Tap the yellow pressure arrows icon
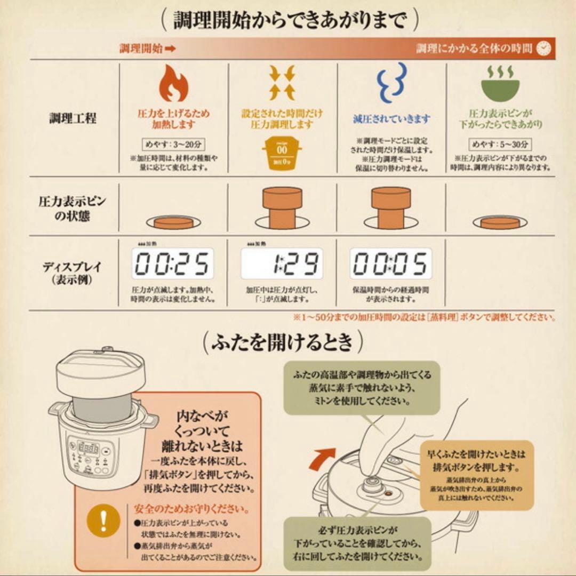(282, 83)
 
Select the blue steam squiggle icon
(391, 83)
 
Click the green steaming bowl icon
(500, 83)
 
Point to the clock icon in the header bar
(543, 49)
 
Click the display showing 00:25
(173, 263)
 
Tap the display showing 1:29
(282, 263)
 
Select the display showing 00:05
(391, 263)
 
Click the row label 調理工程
(73, 118)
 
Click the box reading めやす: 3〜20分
(173, 144)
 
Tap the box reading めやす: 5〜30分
(500, 144)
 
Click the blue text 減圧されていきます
(391, 119)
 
